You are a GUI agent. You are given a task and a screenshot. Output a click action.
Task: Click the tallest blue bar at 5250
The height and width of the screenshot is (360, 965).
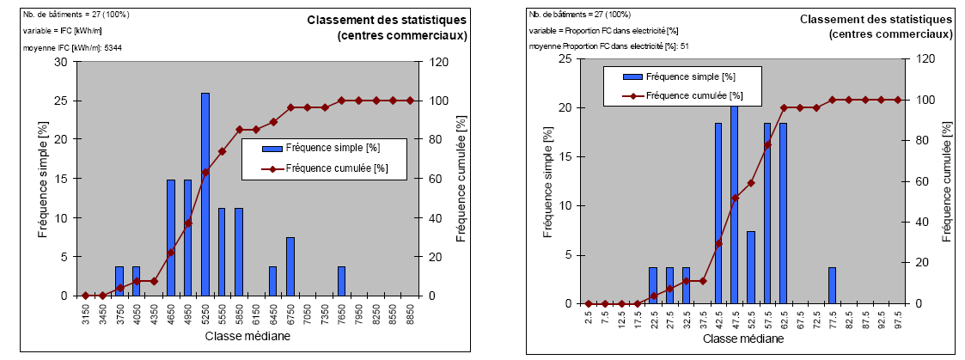point(205,194)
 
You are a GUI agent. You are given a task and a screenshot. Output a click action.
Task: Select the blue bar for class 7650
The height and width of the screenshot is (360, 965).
point(341,281)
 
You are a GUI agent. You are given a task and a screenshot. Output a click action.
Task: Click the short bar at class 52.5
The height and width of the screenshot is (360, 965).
point(750,267)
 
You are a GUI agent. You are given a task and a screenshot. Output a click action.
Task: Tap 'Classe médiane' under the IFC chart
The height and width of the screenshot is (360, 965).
point(247,336)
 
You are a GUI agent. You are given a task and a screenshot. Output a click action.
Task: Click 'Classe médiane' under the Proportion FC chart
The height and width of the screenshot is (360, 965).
point(742,340)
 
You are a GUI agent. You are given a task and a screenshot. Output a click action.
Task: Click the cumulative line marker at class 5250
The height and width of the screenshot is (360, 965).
point(205,172)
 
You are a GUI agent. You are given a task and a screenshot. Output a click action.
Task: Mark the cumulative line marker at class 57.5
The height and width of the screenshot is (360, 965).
point(767,144)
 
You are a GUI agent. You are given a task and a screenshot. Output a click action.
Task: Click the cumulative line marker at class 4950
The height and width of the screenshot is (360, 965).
point(188,223)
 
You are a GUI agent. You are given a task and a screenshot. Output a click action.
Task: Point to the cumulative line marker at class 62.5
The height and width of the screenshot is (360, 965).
point(784,107)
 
